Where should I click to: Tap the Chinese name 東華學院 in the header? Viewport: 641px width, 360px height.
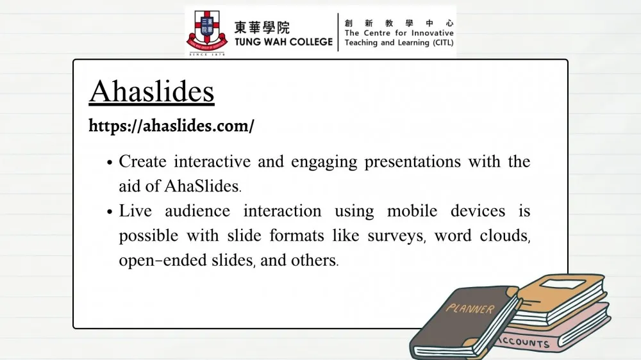pos(262,28)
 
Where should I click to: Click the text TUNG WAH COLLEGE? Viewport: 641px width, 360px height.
pos(283,42)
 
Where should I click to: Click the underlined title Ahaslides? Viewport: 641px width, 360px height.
pos(152,92)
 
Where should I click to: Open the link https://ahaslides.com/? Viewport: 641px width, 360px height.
pos(171,126)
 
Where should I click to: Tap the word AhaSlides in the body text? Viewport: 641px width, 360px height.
pos(201,186)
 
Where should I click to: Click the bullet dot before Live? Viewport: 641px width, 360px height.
pos(110,211)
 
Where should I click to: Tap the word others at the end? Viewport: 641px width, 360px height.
pos(313,261)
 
